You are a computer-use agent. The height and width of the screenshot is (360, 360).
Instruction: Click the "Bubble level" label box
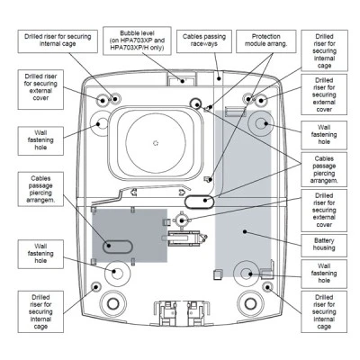137,40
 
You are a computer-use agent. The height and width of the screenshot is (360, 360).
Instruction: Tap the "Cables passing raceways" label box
204,41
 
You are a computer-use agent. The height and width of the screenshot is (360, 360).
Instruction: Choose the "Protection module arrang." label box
266,41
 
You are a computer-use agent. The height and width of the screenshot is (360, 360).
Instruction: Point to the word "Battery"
324,240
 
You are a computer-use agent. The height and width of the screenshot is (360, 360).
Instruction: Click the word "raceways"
204,44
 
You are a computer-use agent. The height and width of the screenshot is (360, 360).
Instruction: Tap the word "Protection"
266,37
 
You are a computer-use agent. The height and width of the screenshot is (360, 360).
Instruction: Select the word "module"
255,44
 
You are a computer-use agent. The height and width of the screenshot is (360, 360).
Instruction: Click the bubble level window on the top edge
182,80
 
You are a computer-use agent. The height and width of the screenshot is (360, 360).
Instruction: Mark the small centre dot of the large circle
156,143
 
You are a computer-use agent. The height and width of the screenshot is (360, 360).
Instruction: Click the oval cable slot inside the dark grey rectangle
117,247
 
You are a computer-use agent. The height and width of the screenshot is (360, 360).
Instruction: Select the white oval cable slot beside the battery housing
199,202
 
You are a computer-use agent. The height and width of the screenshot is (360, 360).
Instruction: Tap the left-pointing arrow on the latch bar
133,192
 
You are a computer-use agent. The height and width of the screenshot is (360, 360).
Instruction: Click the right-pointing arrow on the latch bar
182,193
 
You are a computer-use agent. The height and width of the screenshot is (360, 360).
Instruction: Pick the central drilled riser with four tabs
181,220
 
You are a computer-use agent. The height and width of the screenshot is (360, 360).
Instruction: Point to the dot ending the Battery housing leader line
245,231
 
